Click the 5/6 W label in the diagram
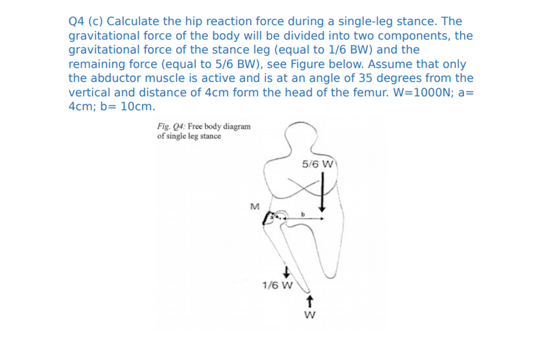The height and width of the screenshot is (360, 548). [316, 164]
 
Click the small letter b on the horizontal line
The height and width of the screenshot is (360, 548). [303, 214]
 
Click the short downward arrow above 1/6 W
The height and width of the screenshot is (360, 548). [286, 271]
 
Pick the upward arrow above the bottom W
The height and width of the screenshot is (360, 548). [310, 302]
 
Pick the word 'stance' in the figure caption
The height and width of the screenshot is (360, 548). [209, 136]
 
